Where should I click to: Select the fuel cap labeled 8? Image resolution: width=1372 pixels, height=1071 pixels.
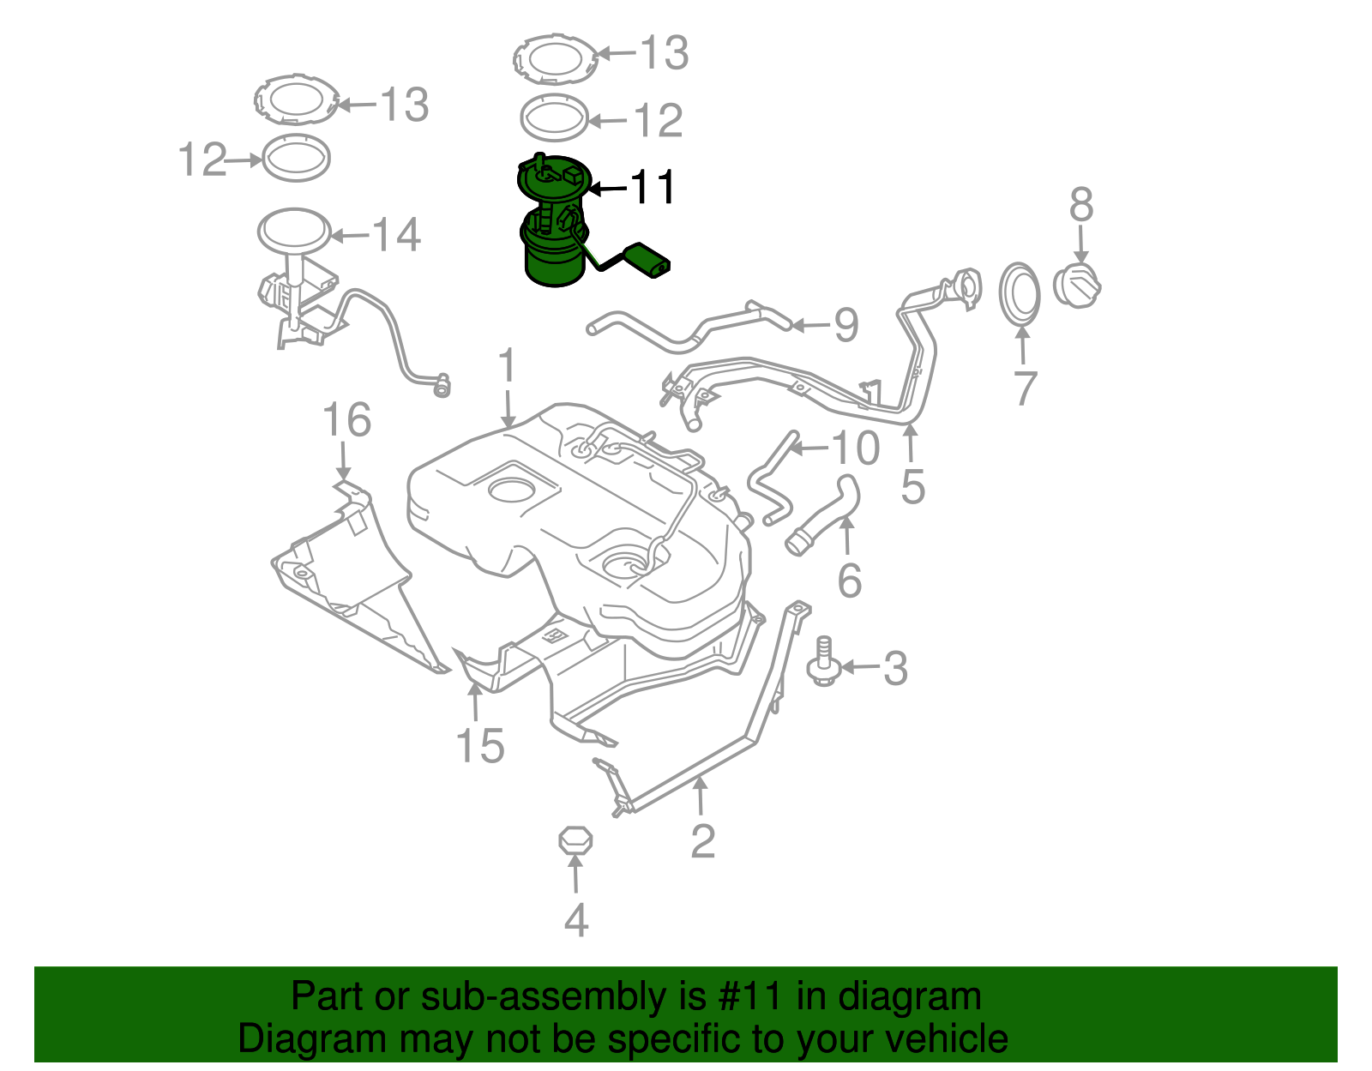click(1076, 286)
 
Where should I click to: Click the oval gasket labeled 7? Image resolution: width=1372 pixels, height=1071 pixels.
click(1020, 296)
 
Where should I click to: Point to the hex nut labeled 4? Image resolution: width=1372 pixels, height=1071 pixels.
click(575, 840)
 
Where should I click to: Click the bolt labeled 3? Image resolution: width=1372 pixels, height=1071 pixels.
click(823, 663)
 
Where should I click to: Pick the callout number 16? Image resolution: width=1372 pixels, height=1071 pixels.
click(346, 421)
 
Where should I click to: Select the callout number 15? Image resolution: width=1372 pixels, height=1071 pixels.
click(480, 745)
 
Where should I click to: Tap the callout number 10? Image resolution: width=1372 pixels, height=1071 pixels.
click(855, 448)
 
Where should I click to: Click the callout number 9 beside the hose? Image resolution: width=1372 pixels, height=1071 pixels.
click(845, 325)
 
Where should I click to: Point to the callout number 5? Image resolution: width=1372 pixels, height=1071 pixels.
click(912, 486)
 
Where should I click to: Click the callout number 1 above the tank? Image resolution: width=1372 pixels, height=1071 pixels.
click(508, 366)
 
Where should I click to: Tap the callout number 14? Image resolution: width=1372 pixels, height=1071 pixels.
click(395, 235)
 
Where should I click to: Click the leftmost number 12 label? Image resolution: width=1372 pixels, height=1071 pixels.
click(202, 159)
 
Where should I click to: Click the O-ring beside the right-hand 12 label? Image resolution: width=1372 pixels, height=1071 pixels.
click(555, 118)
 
